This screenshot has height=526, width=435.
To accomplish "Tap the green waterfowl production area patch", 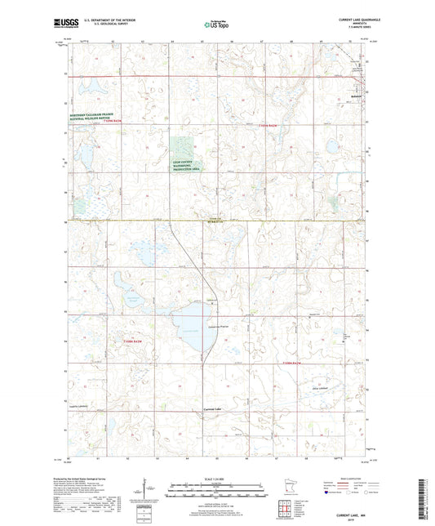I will point(182,150).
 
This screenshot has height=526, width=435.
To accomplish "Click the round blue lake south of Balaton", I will point(333,147).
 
